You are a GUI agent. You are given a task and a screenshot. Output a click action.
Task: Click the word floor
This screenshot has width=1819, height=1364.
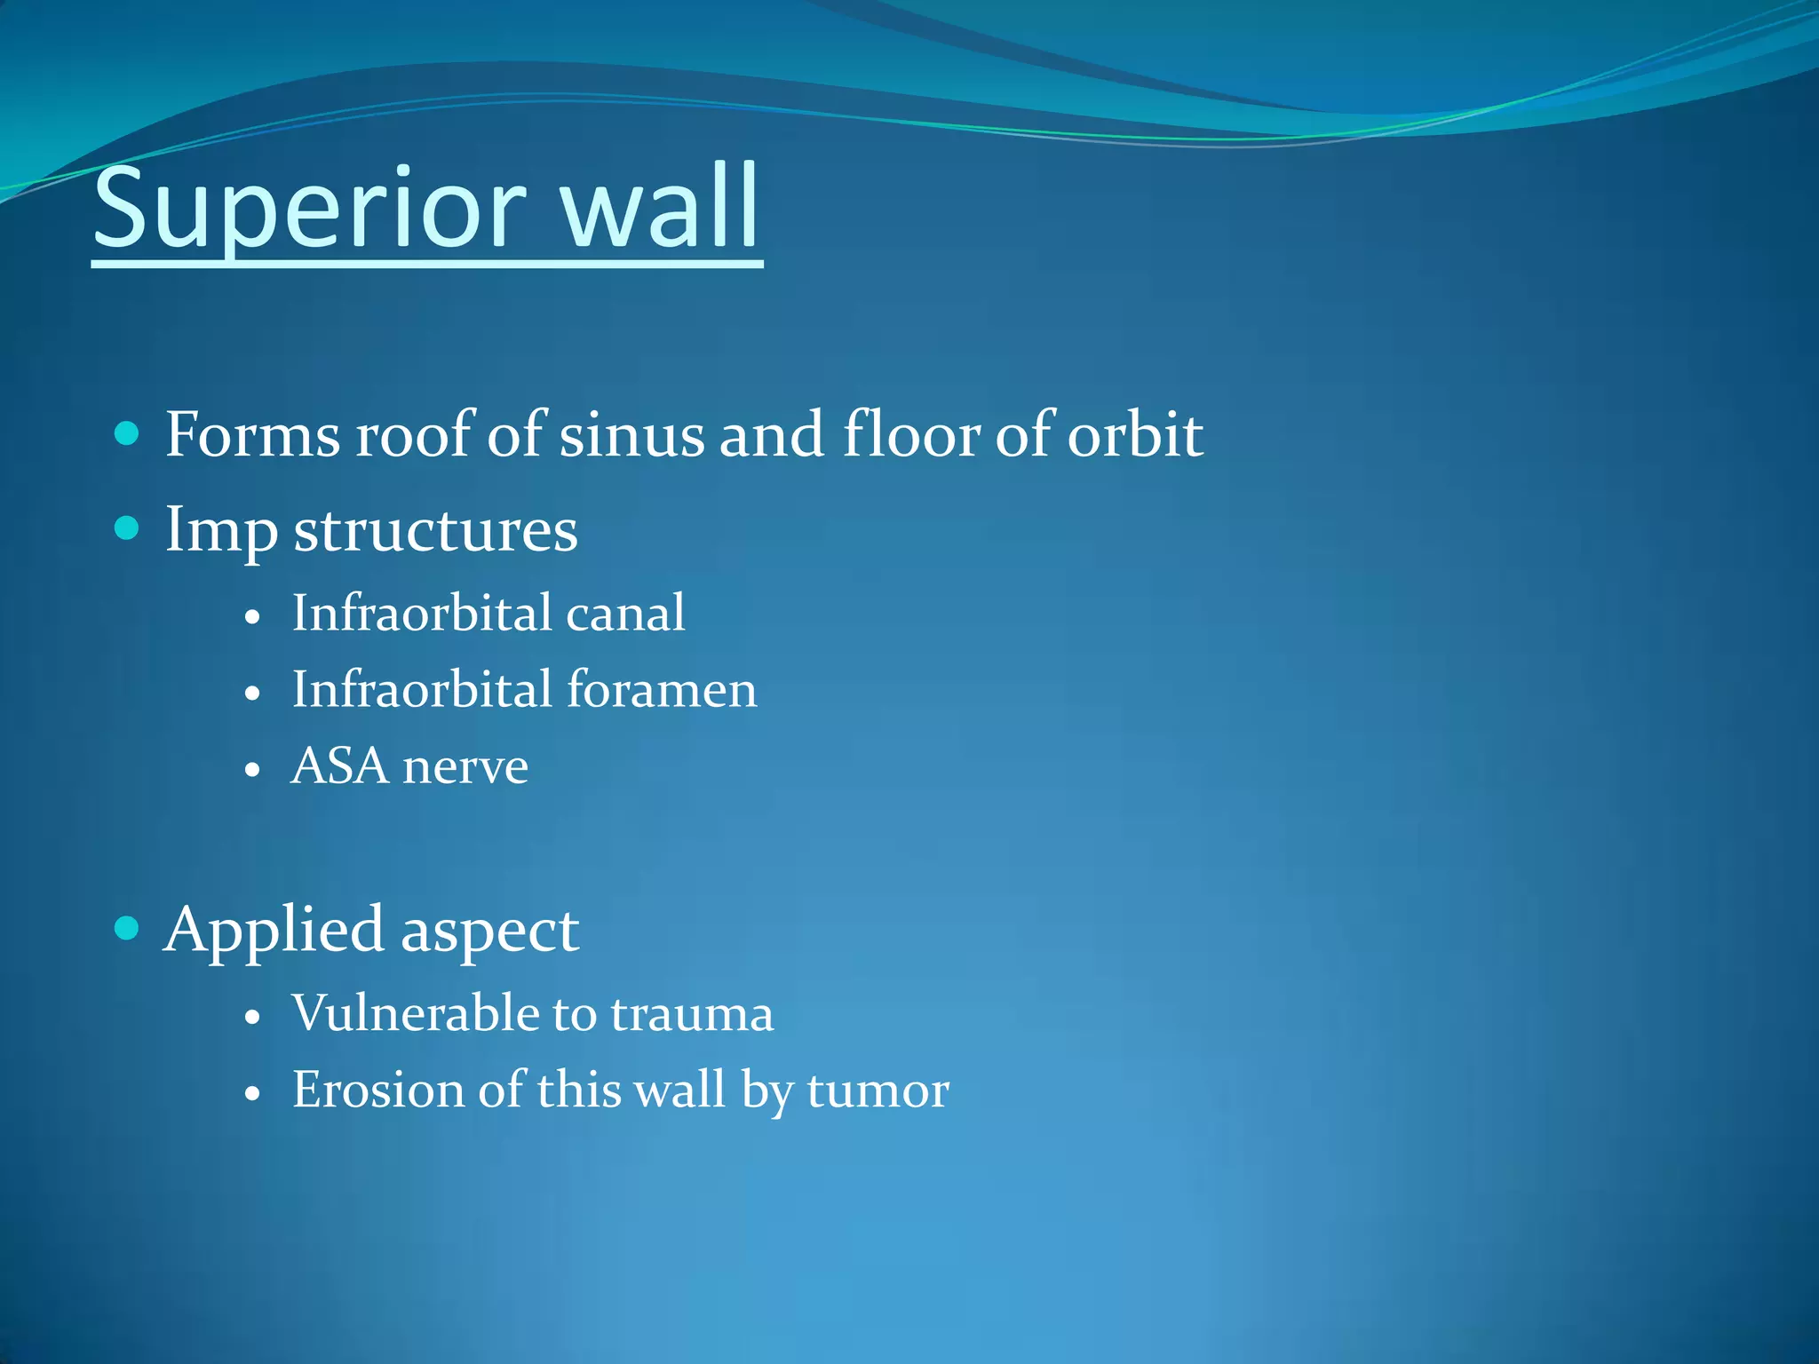point(910,434)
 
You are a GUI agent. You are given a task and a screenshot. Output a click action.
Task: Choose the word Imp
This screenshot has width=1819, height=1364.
point(221,531)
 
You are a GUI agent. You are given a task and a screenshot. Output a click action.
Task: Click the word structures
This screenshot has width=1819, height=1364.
point(435,531)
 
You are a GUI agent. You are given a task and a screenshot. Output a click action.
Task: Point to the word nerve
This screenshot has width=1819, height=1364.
point(465,767)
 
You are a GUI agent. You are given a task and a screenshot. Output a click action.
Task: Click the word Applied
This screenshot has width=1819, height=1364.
point(274,931)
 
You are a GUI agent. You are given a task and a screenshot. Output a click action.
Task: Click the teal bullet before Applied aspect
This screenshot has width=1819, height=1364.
point(128,929)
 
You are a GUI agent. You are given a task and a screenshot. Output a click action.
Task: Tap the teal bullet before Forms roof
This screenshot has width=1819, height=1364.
point(128,433)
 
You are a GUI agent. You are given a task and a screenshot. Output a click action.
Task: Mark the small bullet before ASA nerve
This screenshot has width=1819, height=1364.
point(253,769)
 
